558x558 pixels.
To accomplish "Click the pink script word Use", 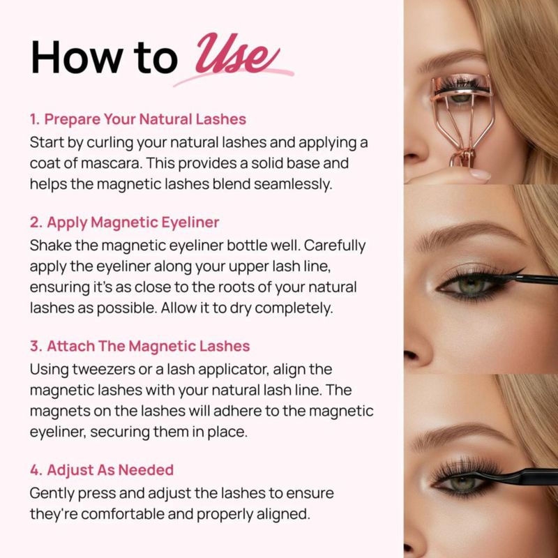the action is [236, 54].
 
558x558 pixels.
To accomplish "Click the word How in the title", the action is [77, 57].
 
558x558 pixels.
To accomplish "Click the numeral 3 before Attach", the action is [35, 346].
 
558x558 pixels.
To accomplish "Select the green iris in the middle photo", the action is [472, 285].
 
